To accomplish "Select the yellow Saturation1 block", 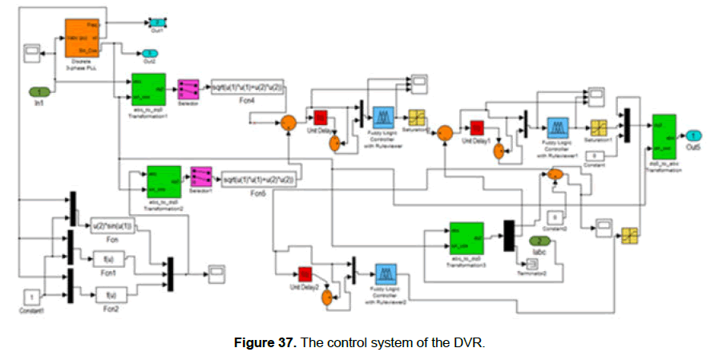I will pos(599,127).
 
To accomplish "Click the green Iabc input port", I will pos(541,241).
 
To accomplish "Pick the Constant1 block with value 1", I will pos(31,297).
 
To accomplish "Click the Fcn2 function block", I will pos(111,294).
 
